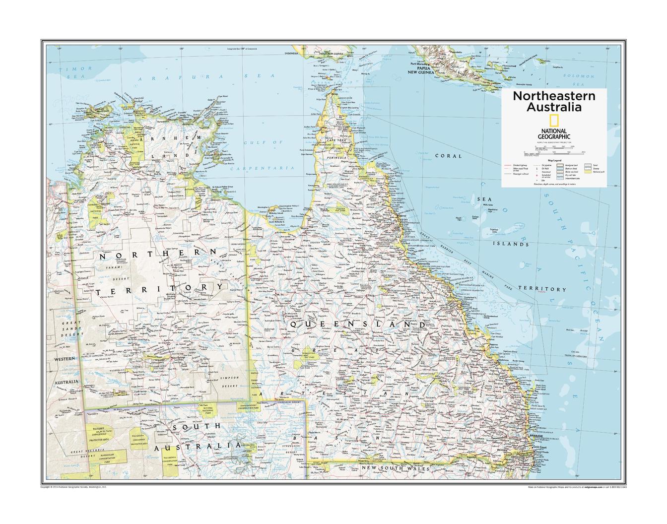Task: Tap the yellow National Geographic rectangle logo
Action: [553, 121]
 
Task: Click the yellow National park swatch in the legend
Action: [588, 172]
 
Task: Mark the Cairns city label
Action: [401, 216]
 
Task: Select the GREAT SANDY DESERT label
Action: [70, 329]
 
